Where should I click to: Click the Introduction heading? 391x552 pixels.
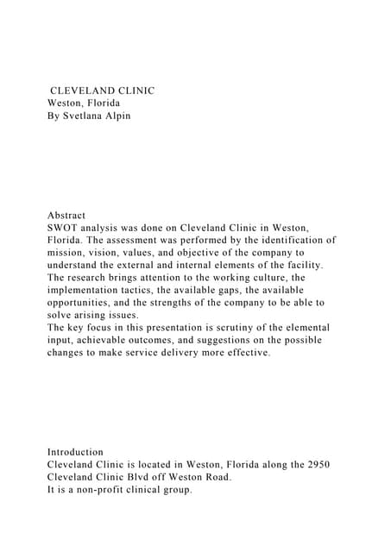coord(75,451)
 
